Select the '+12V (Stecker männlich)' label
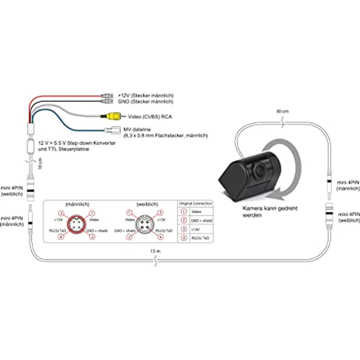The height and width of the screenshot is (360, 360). [146, 95]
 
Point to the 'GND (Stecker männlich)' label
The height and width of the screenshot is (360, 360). [146, 101]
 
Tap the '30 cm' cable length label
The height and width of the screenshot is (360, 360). [283, 111]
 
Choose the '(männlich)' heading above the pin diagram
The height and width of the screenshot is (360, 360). [75, 204]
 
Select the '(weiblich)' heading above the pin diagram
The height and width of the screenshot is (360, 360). [143, 204]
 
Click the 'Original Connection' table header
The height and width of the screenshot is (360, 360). [196, 203]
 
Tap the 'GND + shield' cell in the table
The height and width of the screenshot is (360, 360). [201, 221]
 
